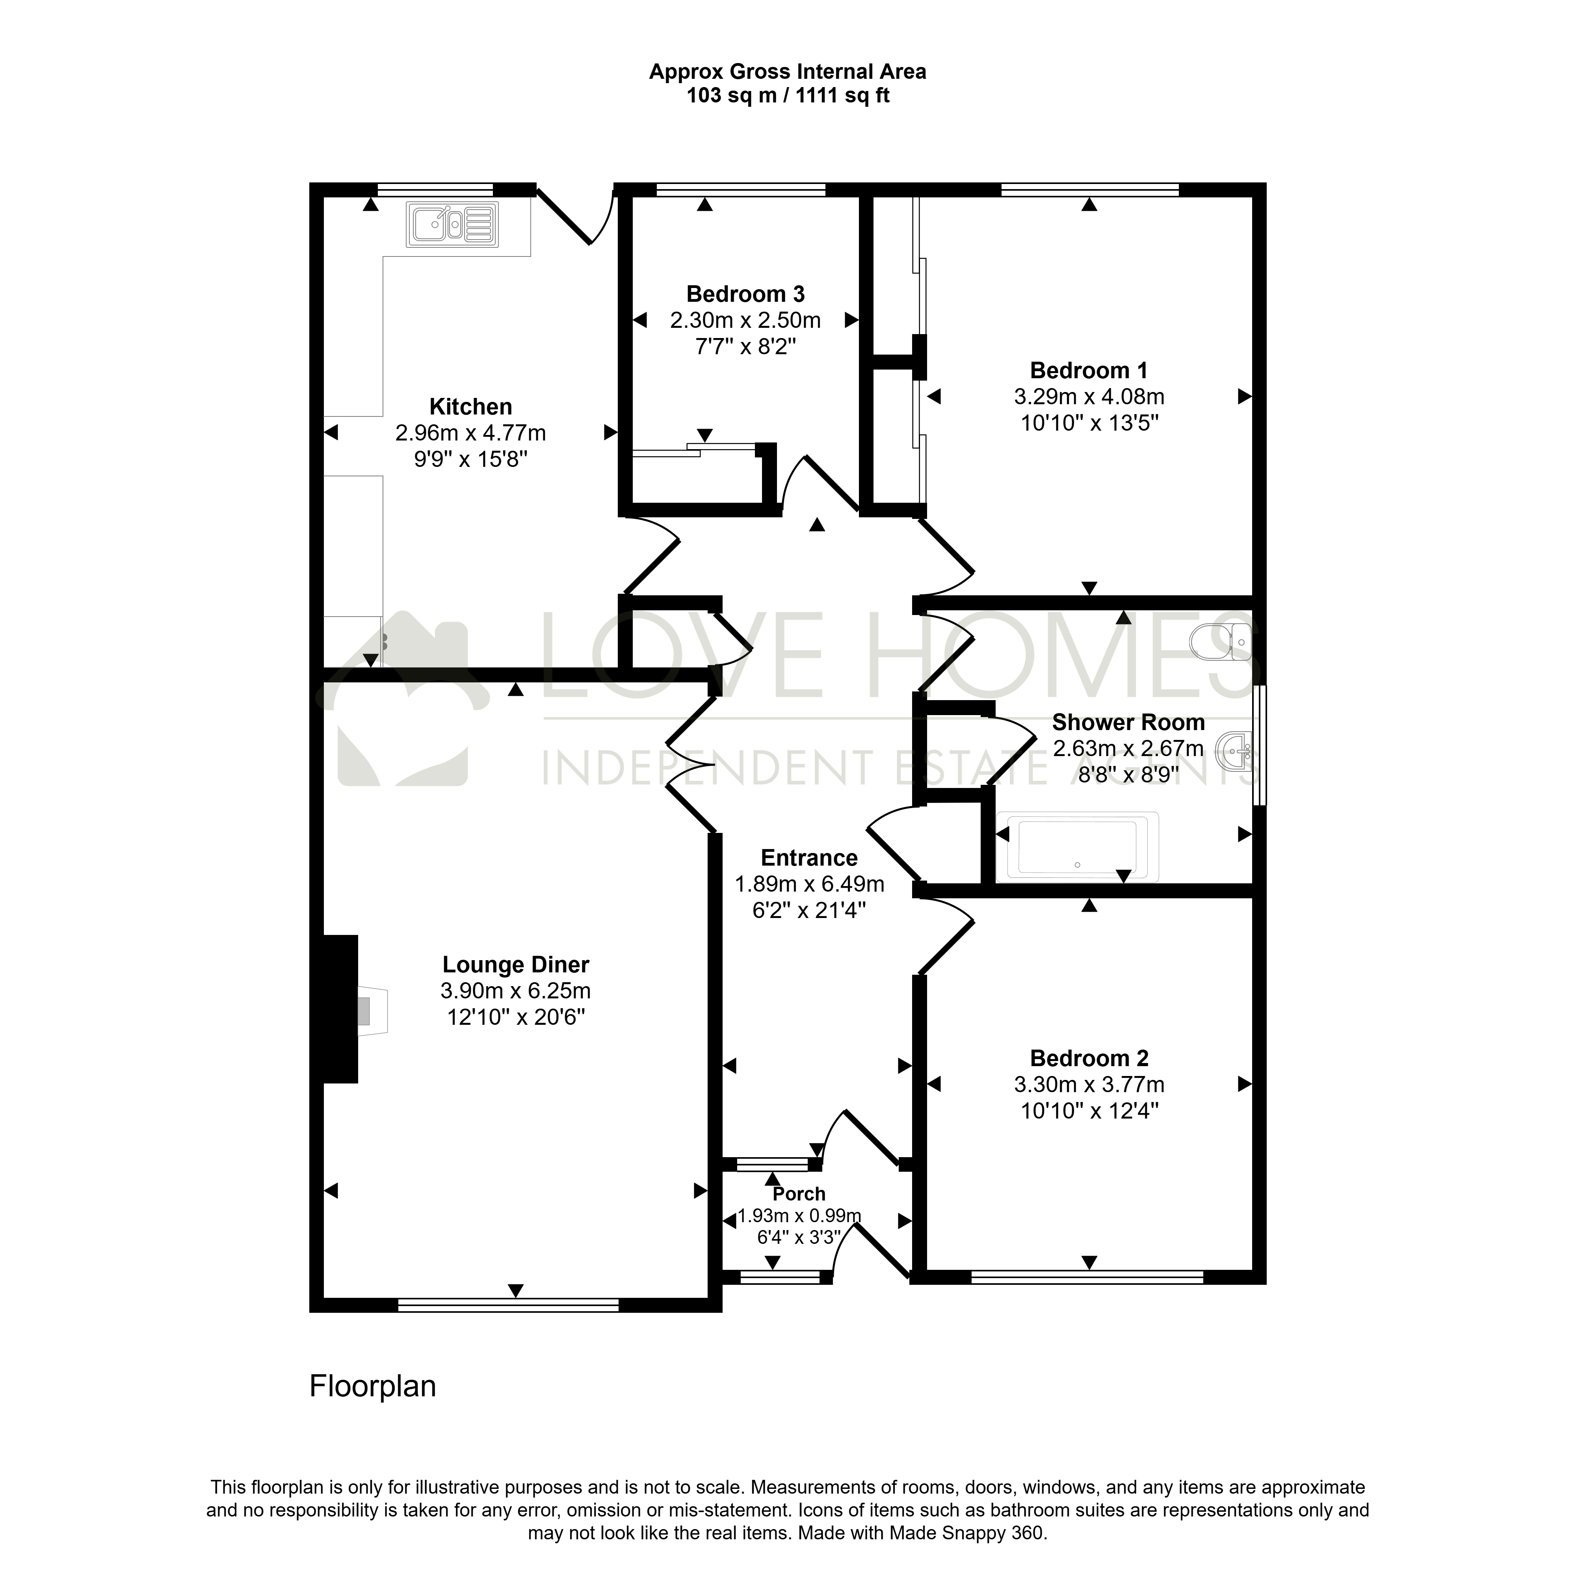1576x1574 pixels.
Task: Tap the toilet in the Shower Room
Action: (x=1221, y=642)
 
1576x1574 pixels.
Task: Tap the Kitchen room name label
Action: (x=471, y=406)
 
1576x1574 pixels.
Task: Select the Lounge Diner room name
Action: (x=515, y=965)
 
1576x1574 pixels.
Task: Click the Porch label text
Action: (x=799, y=1194)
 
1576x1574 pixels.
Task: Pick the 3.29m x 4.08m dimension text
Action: (x=1089, y=397)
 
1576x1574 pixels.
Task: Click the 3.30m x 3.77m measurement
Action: (x=1089, y=1085)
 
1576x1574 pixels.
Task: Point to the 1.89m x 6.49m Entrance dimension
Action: (x=809, y=884)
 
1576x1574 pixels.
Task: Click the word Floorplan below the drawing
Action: (x=373, y=1386)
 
